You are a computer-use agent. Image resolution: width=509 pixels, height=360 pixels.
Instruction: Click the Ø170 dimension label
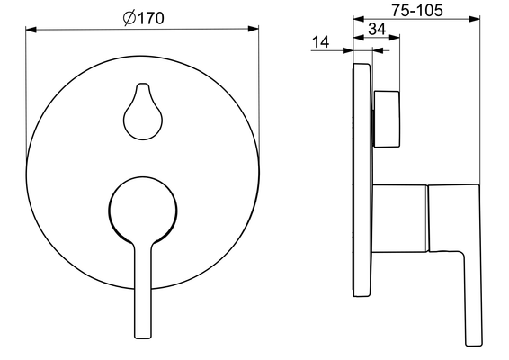point(144,18)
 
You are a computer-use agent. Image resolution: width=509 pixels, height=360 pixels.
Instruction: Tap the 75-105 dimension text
point(416,10)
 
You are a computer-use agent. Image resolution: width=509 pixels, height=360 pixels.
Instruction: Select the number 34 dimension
point(377,29)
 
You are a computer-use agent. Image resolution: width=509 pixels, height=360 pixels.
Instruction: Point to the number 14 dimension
point(320,42)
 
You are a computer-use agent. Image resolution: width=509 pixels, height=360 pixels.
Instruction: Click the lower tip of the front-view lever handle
point(143,337)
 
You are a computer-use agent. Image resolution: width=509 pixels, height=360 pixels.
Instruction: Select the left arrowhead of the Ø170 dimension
point(31,30)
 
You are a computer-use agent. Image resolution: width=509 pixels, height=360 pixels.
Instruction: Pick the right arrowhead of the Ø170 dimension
point(254,29)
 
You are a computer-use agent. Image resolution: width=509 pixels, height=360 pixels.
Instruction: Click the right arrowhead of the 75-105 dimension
point(474,19)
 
